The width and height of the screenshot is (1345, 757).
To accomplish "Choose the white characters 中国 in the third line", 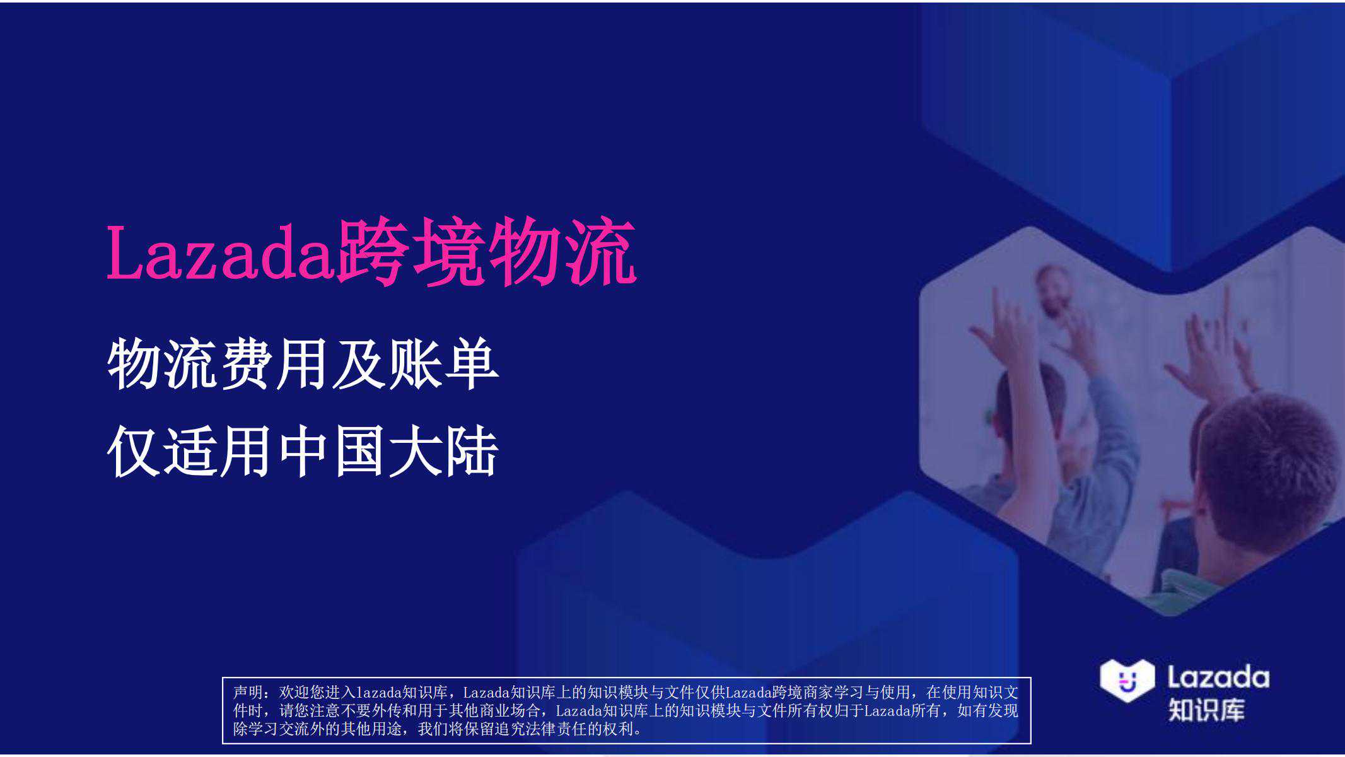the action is pyautogui.click(x=332, y=452).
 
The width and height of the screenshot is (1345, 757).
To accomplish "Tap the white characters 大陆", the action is pyautogui.click(x=443, y=452).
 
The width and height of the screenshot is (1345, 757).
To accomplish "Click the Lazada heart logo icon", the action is pyautogui.click(x=1127, y=680).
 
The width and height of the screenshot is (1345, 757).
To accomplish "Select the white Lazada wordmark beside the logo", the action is pyautogui.click(x=1218, y=678).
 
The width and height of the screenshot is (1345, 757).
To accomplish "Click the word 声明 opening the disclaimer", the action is pyautogui.click(x=248, y=692).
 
